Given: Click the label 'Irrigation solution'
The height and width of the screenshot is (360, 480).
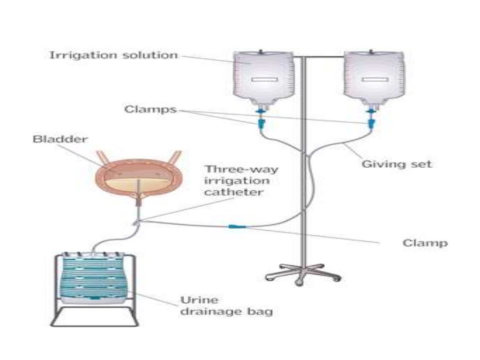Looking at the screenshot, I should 113,55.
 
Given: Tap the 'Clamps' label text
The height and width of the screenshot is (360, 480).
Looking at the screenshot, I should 150,110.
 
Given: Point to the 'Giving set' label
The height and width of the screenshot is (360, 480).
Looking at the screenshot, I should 397,164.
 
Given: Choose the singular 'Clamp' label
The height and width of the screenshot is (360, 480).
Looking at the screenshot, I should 425,243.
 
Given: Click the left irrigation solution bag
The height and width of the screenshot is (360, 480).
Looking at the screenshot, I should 264,77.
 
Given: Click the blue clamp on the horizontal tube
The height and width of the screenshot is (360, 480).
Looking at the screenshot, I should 234,226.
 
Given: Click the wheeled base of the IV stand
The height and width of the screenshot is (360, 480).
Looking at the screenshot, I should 302,273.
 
